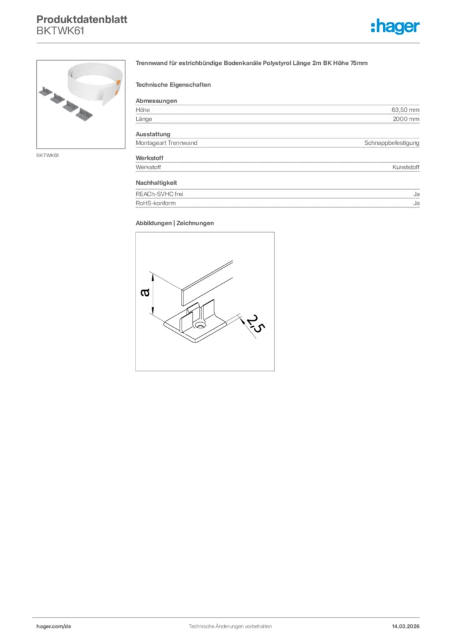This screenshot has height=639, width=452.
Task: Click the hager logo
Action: click(395, 26)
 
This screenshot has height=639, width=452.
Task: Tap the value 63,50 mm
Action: click(405, 109)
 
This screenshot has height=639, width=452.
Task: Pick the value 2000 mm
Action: click(406, 119)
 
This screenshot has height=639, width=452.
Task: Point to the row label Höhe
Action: click(142, 109)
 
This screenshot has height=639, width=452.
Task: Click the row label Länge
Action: click(144, 119)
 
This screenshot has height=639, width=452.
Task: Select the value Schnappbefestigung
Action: click(391, 143)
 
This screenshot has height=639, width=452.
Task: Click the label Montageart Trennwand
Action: click(166, 143)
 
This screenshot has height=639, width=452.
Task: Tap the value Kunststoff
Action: click(406, 167)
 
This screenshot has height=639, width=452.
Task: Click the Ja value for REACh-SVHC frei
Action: click(416, 194)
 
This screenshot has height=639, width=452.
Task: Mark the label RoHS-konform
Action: click(155, 203)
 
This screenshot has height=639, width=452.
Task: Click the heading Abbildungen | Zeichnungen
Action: click(175, 223)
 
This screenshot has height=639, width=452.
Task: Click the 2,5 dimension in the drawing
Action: click(253, 324)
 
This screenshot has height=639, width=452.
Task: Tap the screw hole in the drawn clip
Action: click(200, 326)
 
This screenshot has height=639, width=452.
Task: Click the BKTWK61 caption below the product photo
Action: click(47, 155)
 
